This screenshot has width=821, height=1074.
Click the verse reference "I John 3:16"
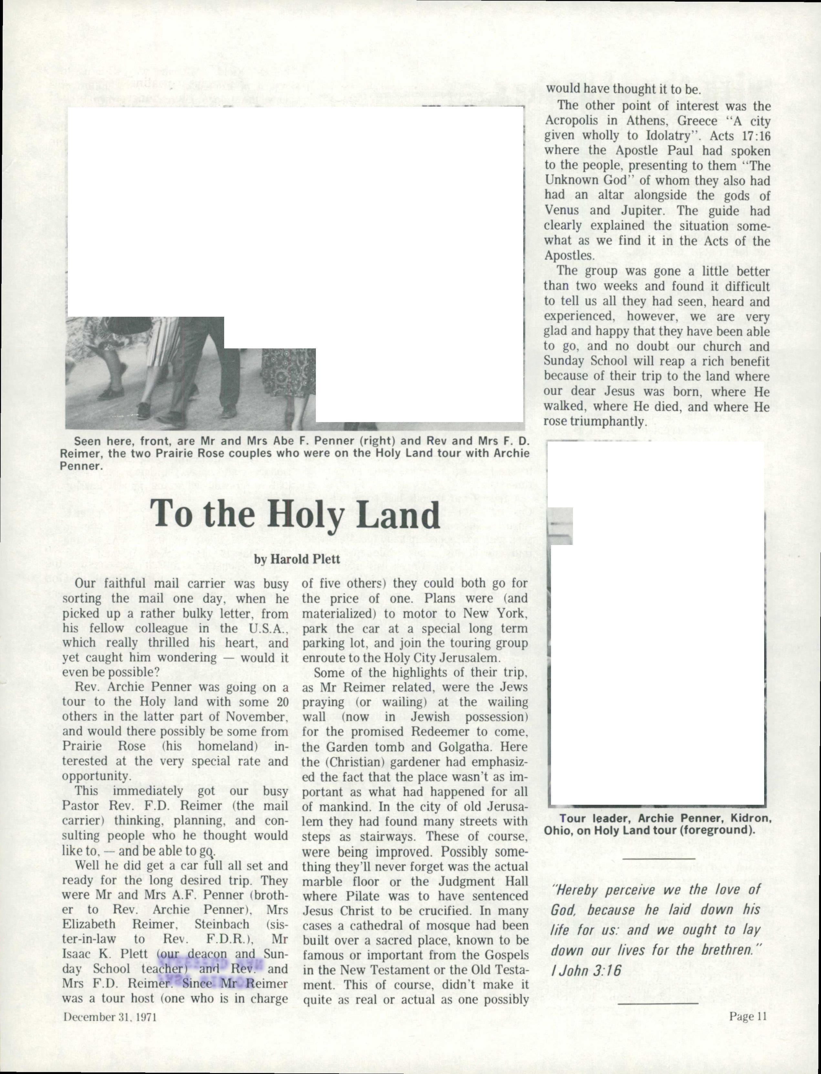[x=586, y=970]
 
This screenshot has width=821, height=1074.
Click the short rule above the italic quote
[x=659, y=858]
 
